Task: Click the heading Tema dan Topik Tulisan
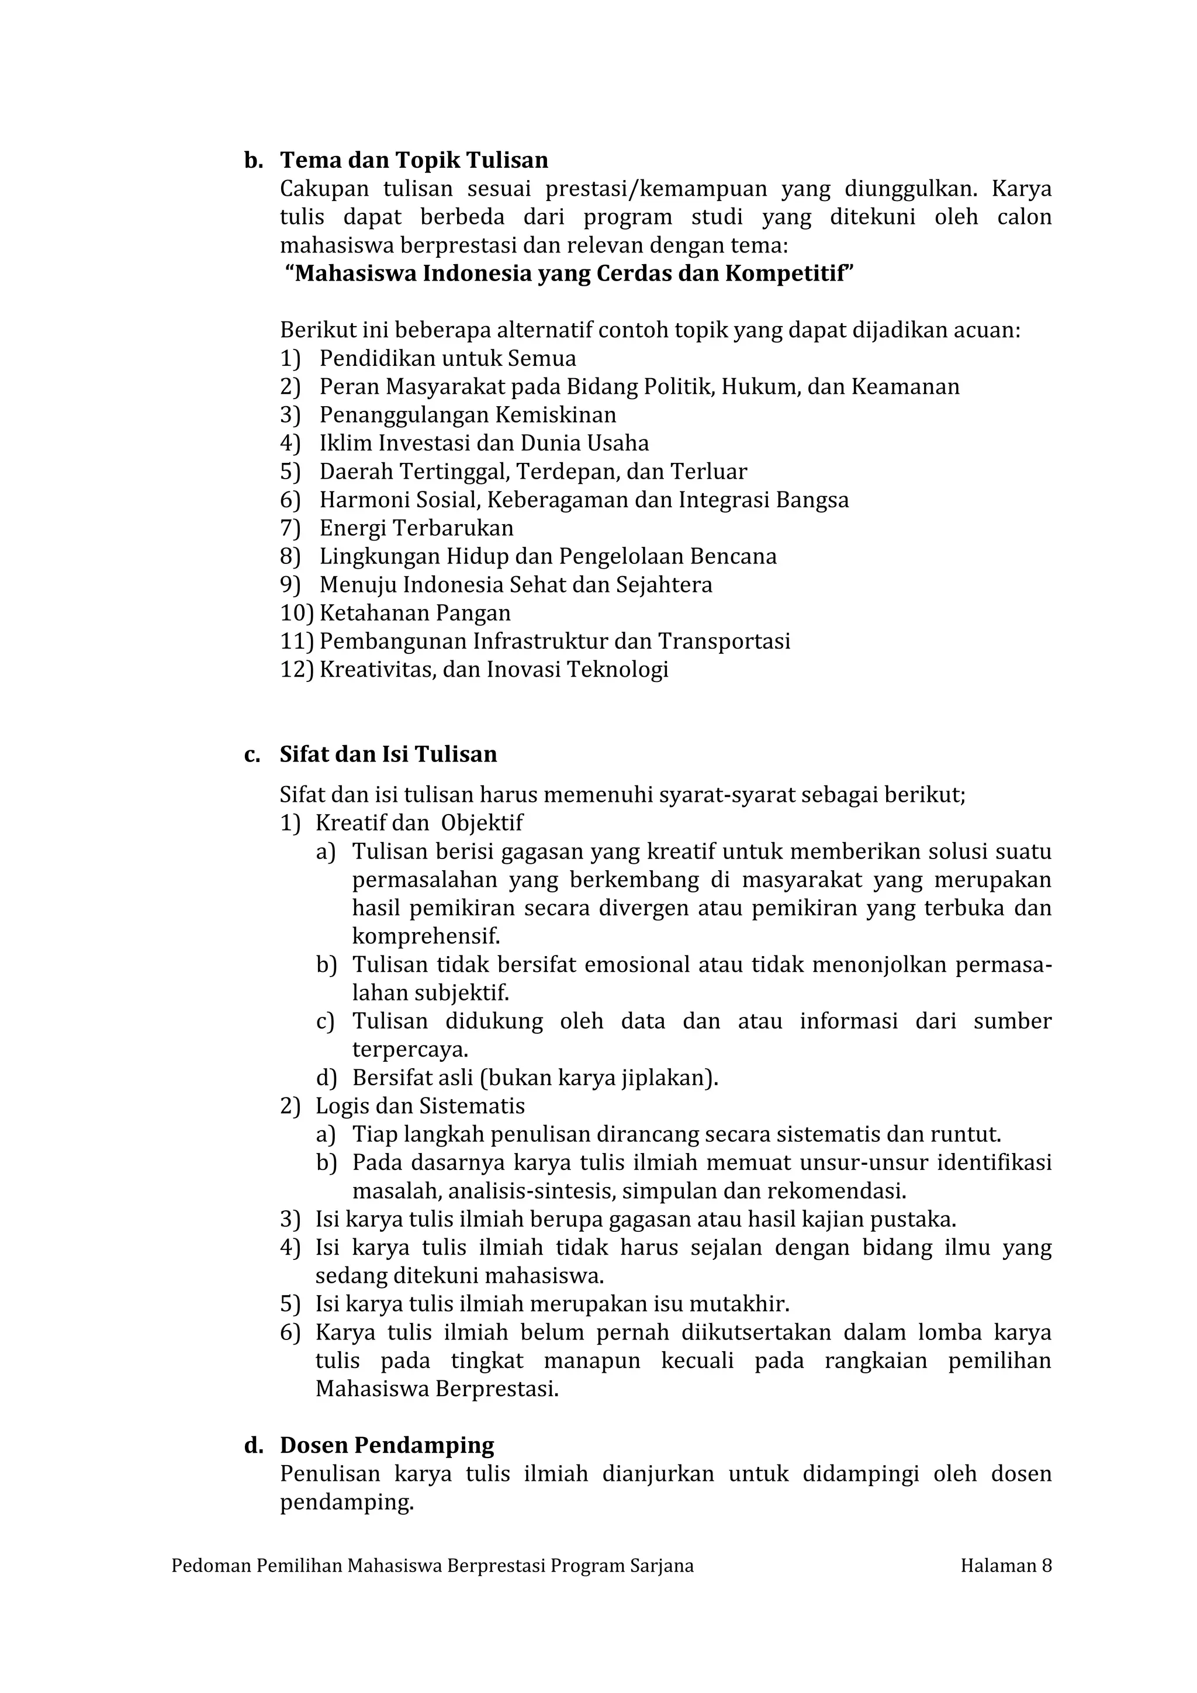[414, 160]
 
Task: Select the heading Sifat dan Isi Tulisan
[388, 754]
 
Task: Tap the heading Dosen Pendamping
[386, 1445]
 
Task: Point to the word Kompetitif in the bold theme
[787, 273]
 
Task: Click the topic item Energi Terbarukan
[416, 528]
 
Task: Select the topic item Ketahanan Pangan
[414, 613]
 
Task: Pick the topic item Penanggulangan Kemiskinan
[468, 414]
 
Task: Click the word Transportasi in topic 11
[724, 640]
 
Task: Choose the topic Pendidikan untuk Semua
[448, 358]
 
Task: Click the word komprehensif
[425, 936]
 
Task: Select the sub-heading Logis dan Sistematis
[420, 1106]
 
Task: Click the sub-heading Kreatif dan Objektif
[419, 823]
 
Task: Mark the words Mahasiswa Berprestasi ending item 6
[436, 1389]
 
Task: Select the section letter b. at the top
[254, 160]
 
